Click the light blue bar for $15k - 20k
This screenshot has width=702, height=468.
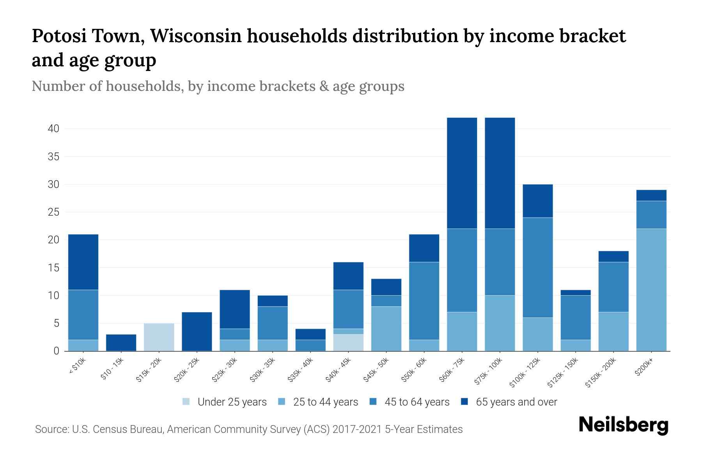coord(159,337)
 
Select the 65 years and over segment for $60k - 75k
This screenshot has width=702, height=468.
coord(462,173)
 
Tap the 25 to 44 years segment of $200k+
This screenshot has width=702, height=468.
coord(651,290)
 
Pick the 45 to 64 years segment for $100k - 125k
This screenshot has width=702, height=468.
coord(538,268)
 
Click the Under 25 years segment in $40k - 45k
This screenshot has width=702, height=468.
coord(349,342)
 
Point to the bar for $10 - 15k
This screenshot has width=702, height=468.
coord(121,342)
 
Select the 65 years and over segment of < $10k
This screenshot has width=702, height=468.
coord(83,262)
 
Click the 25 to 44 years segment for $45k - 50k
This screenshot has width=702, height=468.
coord(386,329)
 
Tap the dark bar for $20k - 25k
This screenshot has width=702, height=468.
coord(197,331)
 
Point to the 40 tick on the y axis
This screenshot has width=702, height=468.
coord(53,129)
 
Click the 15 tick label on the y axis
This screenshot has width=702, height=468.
coord(53,268)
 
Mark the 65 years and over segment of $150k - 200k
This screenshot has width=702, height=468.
coord(613,257)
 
